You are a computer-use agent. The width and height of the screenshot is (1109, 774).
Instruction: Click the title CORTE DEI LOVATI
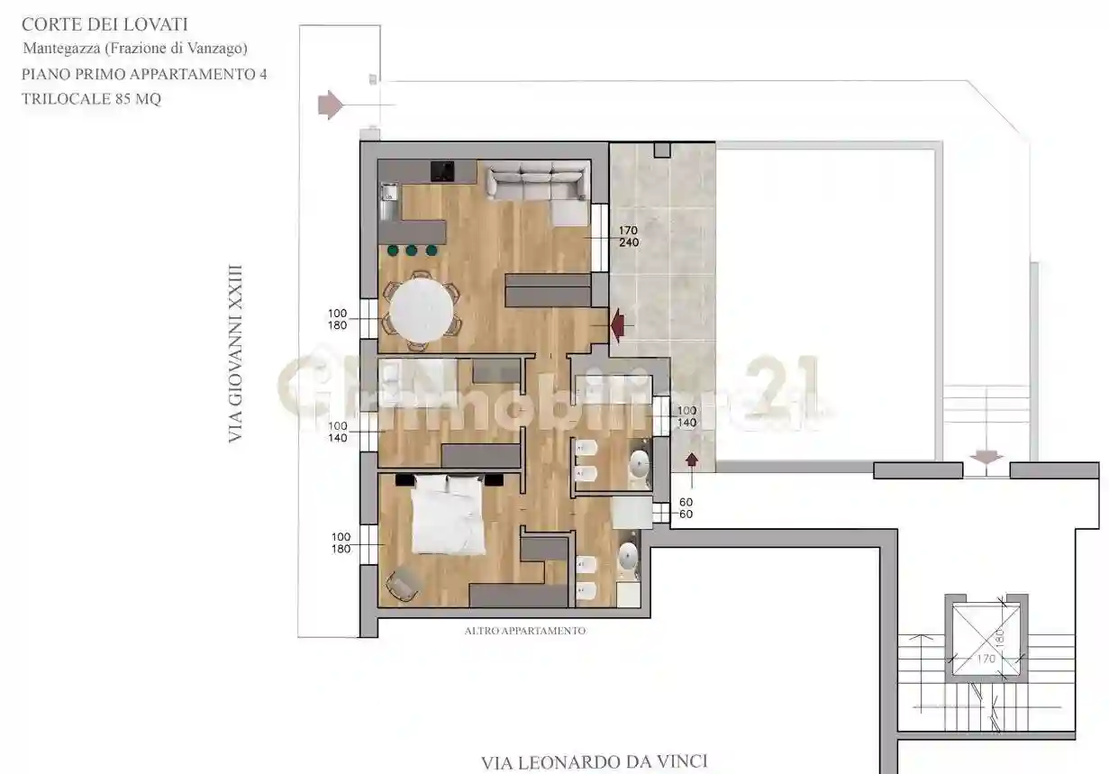[x=105, y=25]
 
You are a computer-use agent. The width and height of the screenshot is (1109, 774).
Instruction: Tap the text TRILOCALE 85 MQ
[x=92, y=100]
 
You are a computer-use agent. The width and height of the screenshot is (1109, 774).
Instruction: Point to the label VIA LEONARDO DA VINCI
[x=594, y=762]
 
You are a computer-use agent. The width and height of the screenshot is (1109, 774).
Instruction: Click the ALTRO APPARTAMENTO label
[x=524, y=631]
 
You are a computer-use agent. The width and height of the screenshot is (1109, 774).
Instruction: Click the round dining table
[x=421, y=310]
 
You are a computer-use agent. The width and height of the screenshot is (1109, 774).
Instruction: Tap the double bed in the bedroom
[x=448, y=513]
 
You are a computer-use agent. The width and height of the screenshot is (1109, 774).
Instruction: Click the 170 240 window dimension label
[x=628, y=236]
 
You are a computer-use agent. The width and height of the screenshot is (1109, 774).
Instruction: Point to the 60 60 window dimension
[x=686, y=507]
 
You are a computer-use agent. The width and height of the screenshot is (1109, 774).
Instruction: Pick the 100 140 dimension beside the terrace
[x=686, y=415]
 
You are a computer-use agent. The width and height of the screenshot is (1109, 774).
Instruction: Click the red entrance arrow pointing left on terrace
[x=621, y=324]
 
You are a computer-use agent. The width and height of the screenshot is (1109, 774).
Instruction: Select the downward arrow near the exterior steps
[x=987, y=457]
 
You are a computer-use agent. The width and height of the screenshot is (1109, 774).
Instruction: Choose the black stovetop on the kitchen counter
[x=442, y=171]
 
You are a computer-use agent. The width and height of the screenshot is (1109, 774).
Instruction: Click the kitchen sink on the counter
[x=389, y=192]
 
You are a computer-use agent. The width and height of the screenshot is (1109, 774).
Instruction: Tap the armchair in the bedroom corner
[x=402, y=586]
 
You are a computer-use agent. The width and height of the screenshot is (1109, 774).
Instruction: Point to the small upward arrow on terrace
[x=692, y=461]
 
